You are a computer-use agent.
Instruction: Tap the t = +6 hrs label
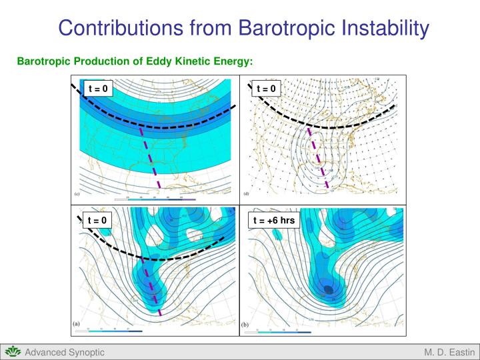click(273, 220)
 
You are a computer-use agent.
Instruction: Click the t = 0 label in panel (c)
click(97, 88)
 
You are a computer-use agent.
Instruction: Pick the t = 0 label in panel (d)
click(265, 88)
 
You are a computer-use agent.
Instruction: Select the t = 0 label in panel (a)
click(97, 220)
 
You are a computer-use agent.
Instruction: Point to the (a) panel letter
click(77, 323)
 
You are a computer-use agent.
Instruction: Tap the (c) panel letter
click(77, 195)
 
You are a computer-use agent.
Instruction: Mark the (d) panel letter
click(246, 195)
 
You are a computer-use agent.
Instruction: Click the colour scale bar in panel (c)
click(155, 199)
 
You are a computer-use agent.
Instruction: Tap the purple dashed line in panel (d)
click(319, 160)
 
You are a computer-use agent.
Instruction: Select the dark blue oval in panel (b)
click(329, 289)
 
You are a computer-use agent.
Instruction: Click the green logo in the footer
click(12, 351)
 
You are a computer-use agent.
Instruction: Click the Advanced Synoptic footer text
click(65, 352)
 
